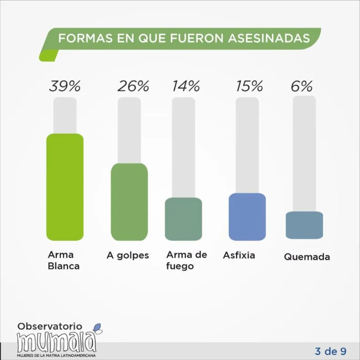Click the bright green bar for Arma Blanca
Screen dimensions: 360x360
point(65,187)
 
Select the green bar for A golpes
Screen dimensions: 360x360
point(129,202)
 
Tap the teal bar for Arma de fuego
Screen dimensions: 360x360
point(183,219)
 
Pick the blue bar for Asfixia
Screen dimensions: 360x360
point(247,216)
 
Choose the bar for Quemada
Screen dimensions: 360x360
point(304,225)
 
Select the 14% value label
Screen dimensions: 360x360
point(185,86)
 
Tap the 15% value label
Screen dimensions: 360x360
point(249,86)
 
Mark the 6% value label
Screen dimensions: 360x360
point(302,86)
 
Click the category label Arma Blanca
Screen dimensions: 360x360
point(63,260)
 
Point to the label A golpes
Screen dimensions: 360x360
point(128,255)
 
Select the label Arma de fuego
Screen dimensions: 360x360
point(186,260)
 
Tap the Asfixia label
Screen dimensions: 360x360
point(239,255)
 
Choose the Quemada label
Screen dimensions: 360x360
point(307,257)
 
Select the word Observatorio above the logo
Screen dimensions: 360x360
point(50,326)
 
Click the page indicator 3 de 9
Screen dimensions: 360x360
point(330,351)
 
